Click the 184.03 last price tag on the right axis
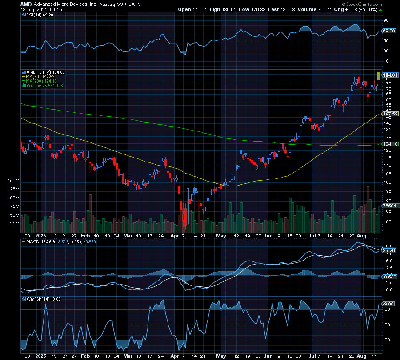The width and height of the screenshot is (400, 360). click(390, 75)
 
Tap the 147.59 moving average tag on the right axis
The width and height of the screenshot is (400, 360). click(389, 114)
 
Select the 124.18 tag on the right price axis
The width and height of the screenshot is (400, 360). click(389, 144)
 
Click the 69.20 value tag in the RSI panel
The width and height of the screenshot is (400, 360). click(389, 31)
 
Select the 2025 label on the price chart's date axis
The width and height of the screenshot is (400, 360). click(41, 237)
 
